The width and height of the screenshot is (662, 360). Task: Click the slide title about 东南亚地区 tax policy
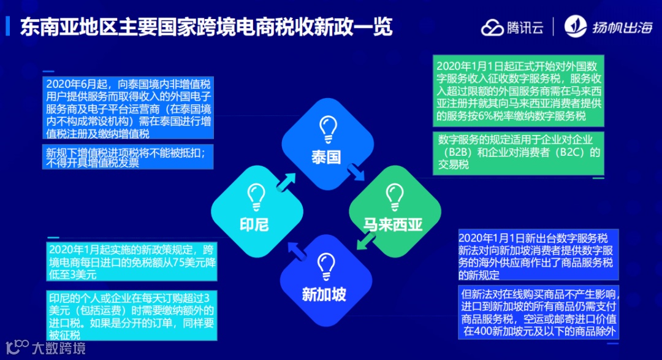[x=206, y=27]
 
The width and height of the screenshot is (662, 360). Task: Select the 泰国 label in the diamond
[x=325, y=157]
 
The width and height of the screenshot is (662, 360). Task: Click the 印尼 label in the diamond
[x=254, y=224]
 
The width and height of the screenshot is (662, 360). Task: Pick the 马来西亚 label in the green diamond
[x=393, y=224]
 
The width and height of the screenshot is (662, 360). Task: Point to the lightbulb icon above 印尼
[x=256, y=196]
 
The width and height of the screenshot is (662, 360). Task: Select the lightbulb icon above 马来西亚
[x=393, y=196]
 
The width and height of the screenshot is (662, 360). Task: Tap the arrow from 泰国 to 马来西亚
[x=356, y=174]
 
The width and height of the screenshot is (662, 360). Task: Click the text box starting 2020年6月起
[x=129, y=108]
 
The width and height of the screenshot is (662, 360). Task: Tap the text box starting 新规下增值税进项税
[x=129, y=157]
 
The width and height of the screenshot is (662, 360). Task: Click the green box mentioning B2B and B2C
[x=519, y=153]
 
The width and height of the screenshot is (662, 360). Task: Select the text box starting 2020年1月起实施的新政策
[x=131, y=261]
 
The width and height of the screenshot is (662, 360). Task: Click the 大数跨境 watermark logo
[x=45, y=347]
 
